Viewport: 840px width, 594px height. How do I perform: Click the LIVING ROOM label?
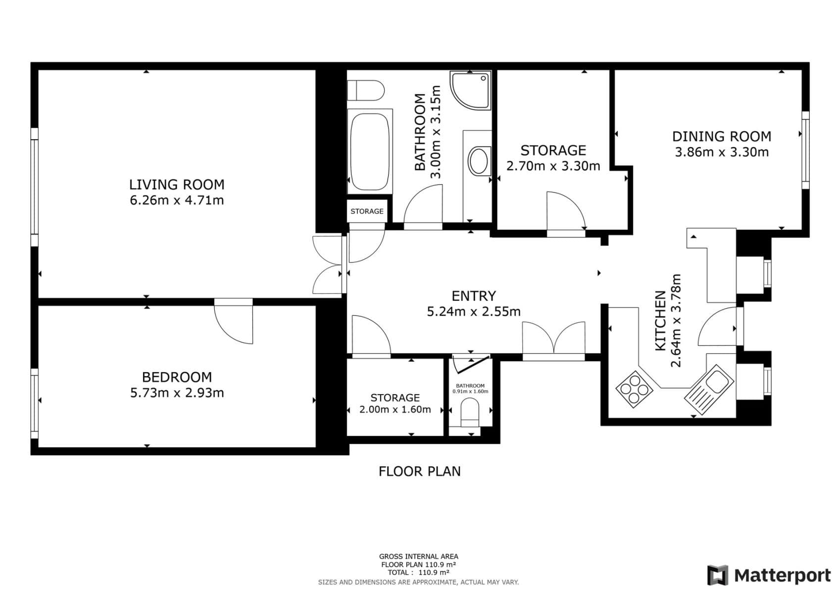(x=177, y=185)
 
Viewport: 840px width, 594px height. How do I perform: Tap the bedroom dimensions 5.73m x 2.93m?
(x=177, y=393)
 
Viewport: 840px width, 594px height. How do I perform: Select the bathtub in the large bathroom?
(x=369, y=151)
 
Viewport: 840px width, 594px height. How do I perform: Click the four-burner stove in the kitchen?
(x=634, y=390)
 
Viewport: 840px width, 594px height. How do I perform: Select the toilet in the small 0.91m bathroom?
(x=470, y=414)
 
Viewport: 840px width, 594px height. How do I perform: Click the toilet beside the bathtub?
(x=366, y=91)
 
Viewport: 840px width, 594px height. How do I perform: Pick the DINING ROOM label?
(x=721, y=137)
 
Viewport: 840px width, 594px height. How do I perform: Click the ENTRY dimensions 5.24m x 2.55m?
(x=474, y=312)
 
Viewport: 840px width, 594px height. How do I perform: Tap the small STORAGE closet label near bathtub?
(x=367, y=211)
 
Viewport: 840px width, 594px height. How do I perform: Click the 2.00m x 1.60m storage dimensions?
(x=395, y=410)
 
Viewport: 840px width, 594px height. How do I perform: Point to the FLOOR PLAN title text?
(x=419, y=471)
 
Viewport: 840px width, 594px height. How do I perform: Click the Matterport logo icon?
(x=717, y=575)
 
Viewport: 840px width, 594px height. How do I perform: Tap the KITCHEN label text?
(x=660, y=321)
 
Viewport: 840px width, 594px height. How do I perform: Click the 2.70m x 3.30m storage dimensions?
(x=553, y=166)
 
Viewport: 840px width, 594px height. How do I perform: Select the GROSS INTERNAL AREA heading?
(x=418, y=556)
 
